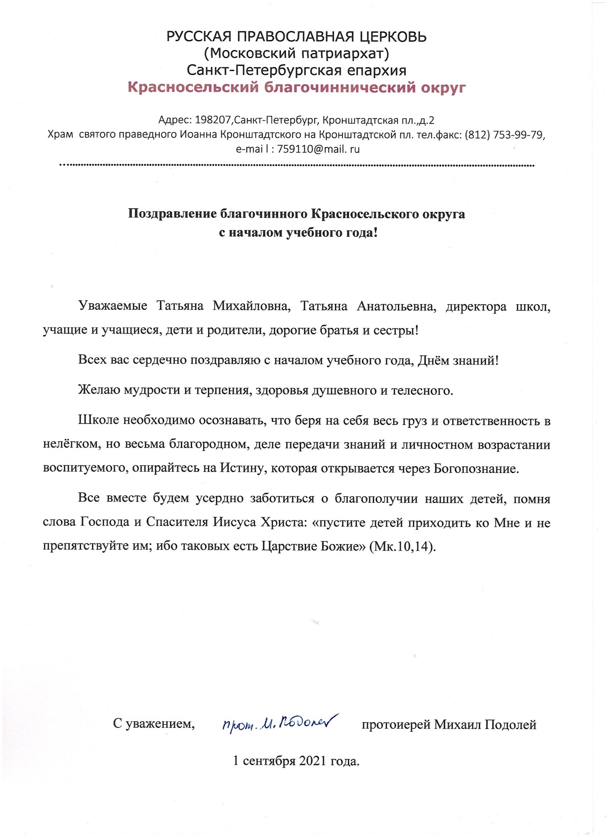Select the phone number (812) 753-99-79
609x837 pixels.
tap(504, 135)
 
